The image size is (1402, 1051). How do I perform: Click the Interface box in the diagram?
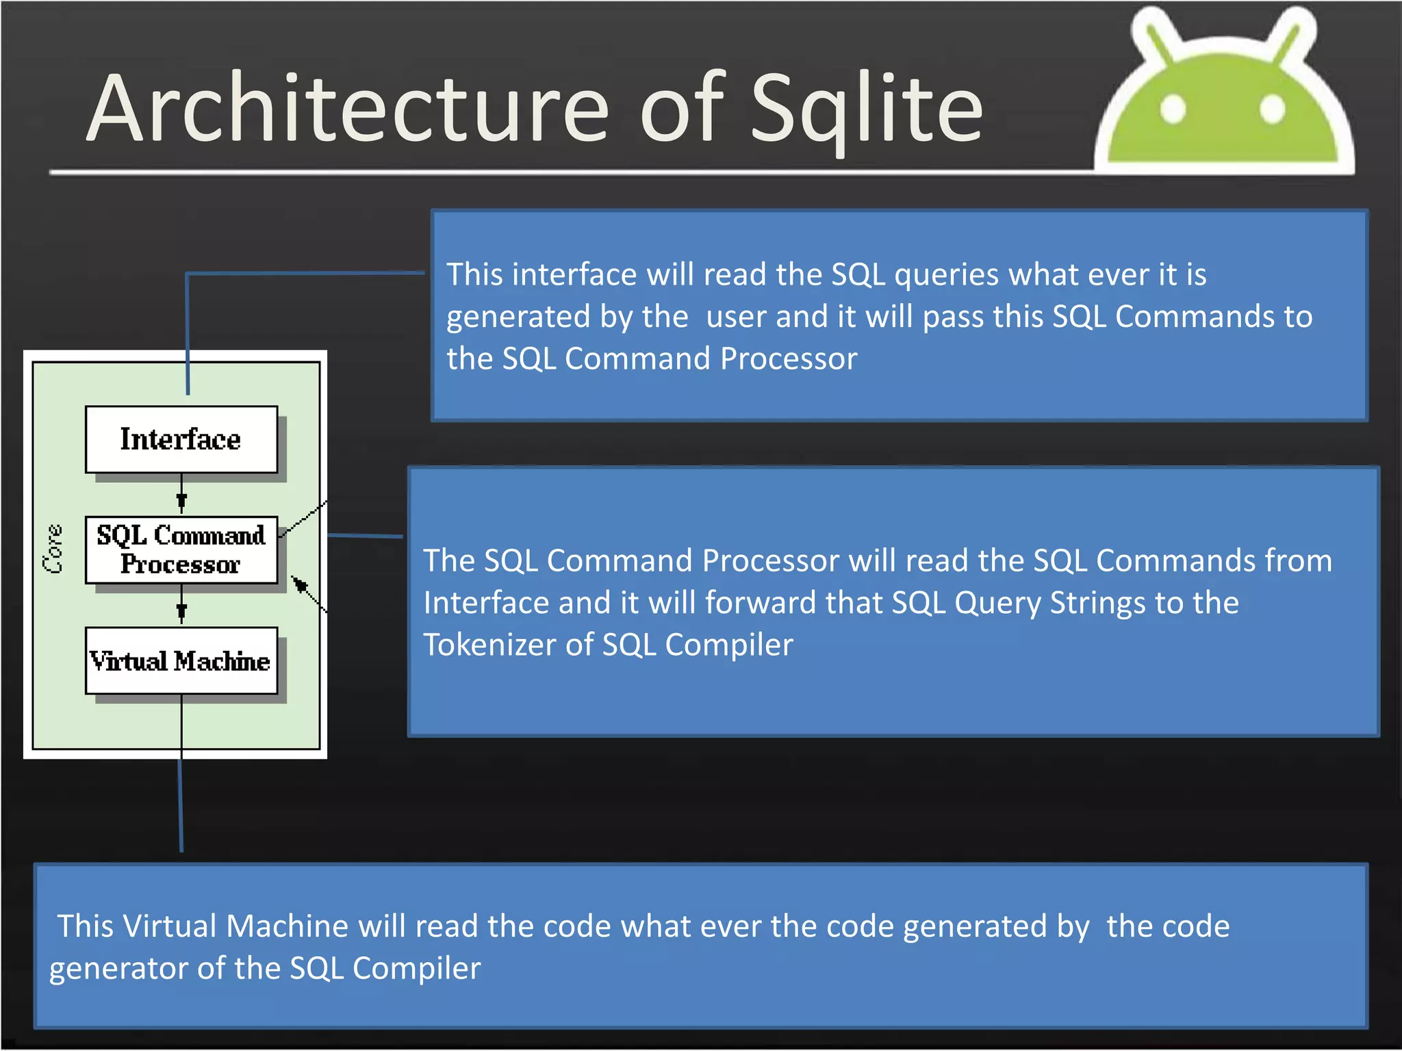click(181, 439)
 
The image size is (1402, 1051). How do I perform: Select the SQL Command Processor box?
click(181, 549)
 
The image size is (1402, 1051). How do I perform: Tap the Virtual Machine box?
click(181, 660)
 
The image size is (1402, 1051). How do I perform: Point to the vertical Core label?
click(53, 549)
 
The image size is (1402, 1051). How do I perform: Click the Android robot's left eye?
click(1173, 108)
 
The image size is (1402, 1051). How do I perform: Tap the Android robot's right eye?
click(1272, 108)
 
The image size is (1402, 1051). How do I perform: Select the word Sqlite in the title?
click(867, 109)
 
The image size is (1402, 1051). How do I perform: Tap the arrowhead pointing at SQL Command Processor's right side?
click(298, 584)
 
